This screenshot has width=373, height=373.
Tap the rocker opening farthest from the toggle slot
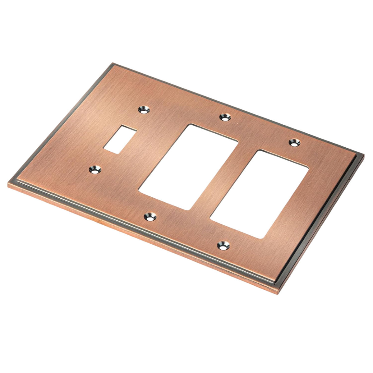point(260,194)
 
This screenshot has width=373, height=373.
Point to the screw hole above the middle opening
point(225,117)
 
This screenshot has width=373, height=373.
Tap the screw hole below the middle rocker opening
point(150,217)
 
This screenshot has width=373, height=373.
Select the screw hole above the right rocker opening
point(294,143)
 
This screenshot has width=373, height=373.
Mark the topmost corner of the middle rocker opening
point(190,125)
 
